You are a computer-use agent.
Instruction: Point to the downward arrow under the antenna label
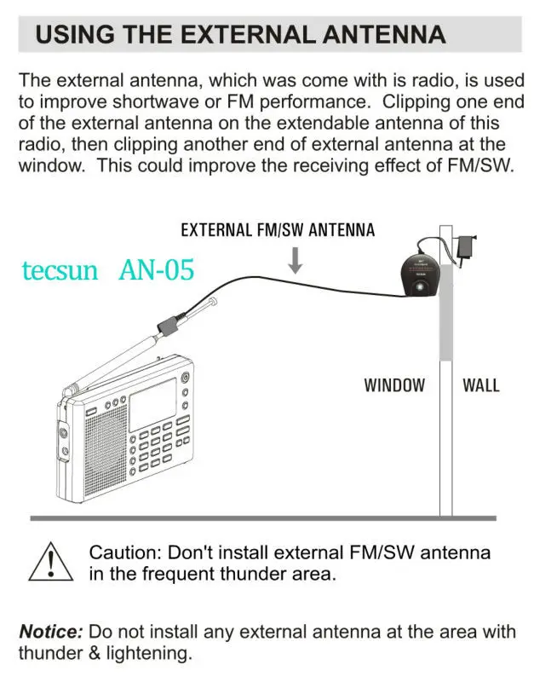click(295, 259)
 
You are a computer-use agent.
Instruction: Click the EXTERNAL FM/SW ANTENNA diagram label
click(278, 230)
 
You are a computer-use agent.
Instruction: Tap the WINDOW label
click(394, 385)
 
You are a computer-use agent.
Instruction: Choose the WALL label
click(480, 385)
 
